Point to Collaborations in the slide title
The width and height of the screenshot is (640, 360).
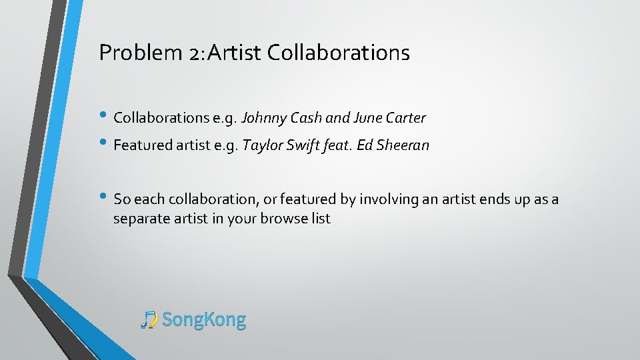(338, 53)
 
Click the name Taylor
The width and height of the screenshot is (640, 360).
(261, 145)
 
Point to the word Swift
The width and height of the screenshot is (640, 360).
(301, 145)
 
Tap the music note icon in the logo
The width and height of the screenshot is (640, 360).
(149, 320)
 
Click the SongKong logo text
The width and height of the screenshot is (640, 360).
(204, 320)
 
